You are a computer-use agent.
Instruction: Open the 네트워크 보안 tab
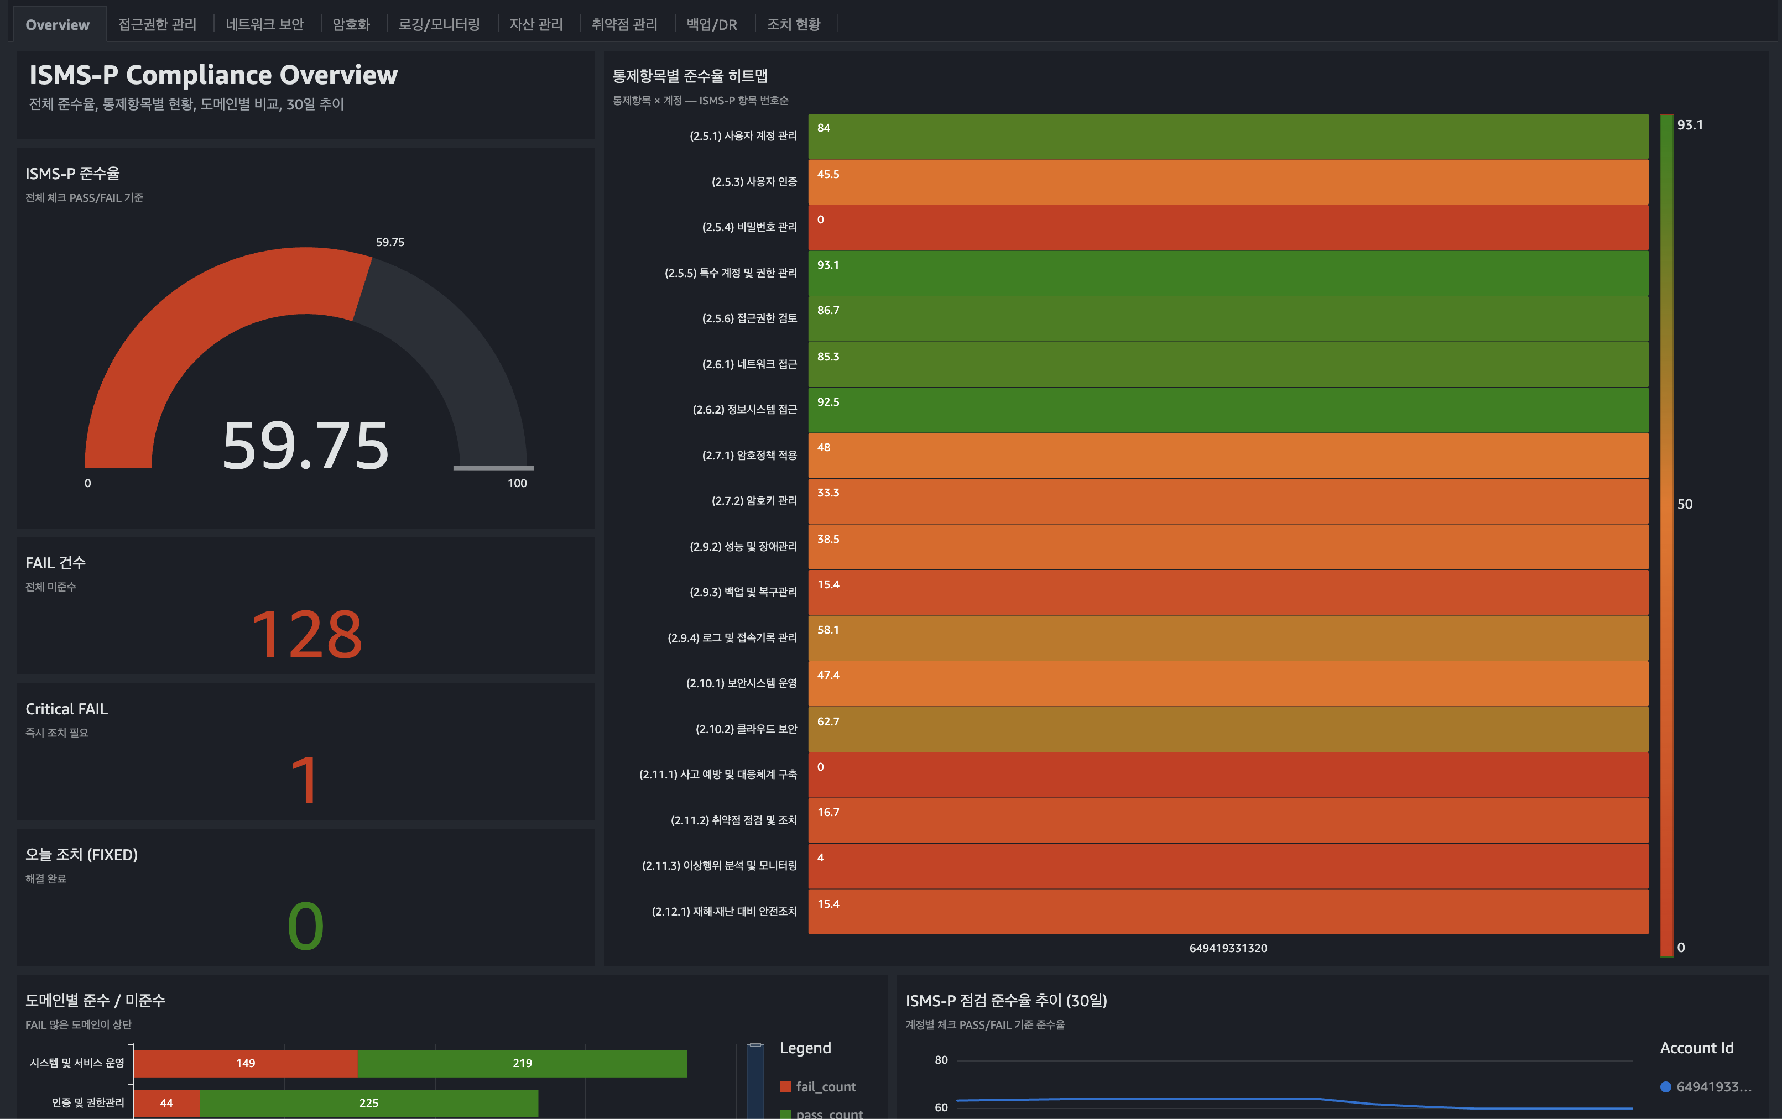(x=264, y=24)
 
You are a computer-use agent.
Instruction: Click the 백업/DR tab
(x=711, y=24)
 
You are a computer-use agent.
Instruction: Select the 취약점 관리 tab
(x=624, y=24)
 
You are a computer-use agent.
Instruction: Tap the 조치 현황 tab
(x=793, y=24)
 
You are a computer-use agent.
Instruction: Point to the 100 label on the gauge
(x=517, y=483)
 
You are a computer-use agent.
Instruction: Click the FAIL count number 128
(x=306, y=635)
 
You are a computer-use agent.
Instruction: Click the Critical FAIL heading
(x=66, y=709)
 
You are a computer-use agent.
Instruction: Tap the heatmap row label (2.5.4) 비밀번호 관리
(x=749, y=227)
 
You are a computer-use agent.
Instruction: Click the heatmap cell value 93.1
(x=827, y=265)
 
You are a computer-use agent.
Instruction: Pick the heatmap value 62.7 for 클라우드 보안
(x=827, y=721)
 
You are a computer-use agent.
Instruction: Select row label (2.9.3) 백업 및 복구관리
(x=743, y=592)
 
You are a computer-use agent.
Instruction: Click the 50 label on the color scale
(x=1684, y=504)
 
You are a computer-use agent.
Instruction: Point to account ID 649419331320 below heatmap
(x=1228, y=948)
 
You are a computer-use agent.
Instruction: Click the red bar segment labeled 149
(x=246, y=1063)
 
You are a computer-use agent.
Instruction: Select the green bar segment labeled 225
(x=368, y=1103)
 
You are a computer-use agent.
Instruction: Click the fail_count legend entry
(x=825, y=1086)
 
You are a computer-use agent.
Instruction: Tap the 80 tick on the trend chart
(x=941, y=1060)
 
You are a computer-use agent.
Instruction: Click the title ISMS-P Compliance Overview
(x=213, y=75)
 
